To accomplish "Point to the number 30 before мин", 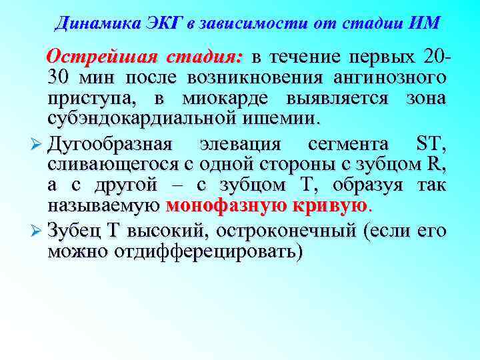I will (59, 77).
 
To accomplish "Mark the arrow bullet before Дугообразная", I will (37, 144).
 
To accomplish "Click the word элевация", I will (239, 143).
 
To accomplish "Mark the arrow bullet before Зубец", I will (37, 231).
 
